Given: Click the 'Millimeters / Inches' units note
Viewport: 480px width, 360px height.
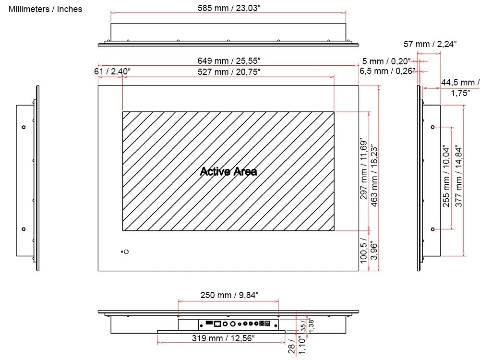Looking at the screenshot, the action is pyautogui.click(x=45, y=9).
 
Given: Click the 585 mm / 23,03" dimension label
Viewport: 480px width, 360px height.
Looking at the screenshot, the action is pyautogui.click(x=229, y=8).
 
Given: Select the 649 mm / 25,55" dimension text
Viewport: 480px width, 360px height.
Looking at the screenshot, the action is pyautogui.click(x=229, y=61).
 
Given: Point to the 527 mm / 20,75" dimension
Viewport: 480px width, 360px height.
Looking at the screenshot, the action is pyautogui.click(x=229, y=72).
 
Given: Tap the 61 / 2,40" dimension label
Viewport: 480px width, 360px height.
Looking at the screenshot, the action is pyautogui.click(x=112, y=72).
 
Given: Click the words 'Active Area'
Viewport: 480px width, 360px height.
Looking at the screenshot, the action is pyautogui.click(x=228, y=171).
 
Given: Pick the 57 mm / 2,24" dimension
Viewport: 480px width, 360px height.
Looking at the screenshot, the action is pyautogui.click(x=430, y=44).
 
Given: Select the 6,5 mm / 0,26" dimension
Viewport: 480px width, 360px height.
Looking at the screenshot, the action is pyautogui.click(x=387, y=71).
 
